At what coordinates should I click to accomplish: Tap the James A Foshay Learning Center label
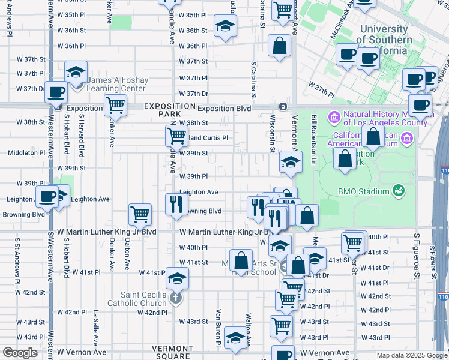(116, 84)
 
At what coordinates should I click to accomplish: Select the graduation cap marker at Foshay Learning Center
(76, 73)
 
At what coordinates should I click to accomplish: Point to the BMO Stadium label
(356, 192)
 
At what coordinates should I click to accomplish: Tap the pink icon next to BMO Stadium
(397, 191)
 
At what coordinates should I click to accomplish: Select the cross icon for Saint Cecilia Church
(176, 298)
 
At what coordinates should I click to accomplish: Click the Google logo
(20, 353)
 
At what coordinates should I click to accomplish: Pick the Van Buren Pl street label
(219, 328)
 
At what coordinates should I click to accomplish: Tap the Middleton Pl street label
(26, 153)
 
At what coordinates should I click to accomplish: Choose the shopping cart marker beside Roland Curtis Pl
(176, 136)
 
